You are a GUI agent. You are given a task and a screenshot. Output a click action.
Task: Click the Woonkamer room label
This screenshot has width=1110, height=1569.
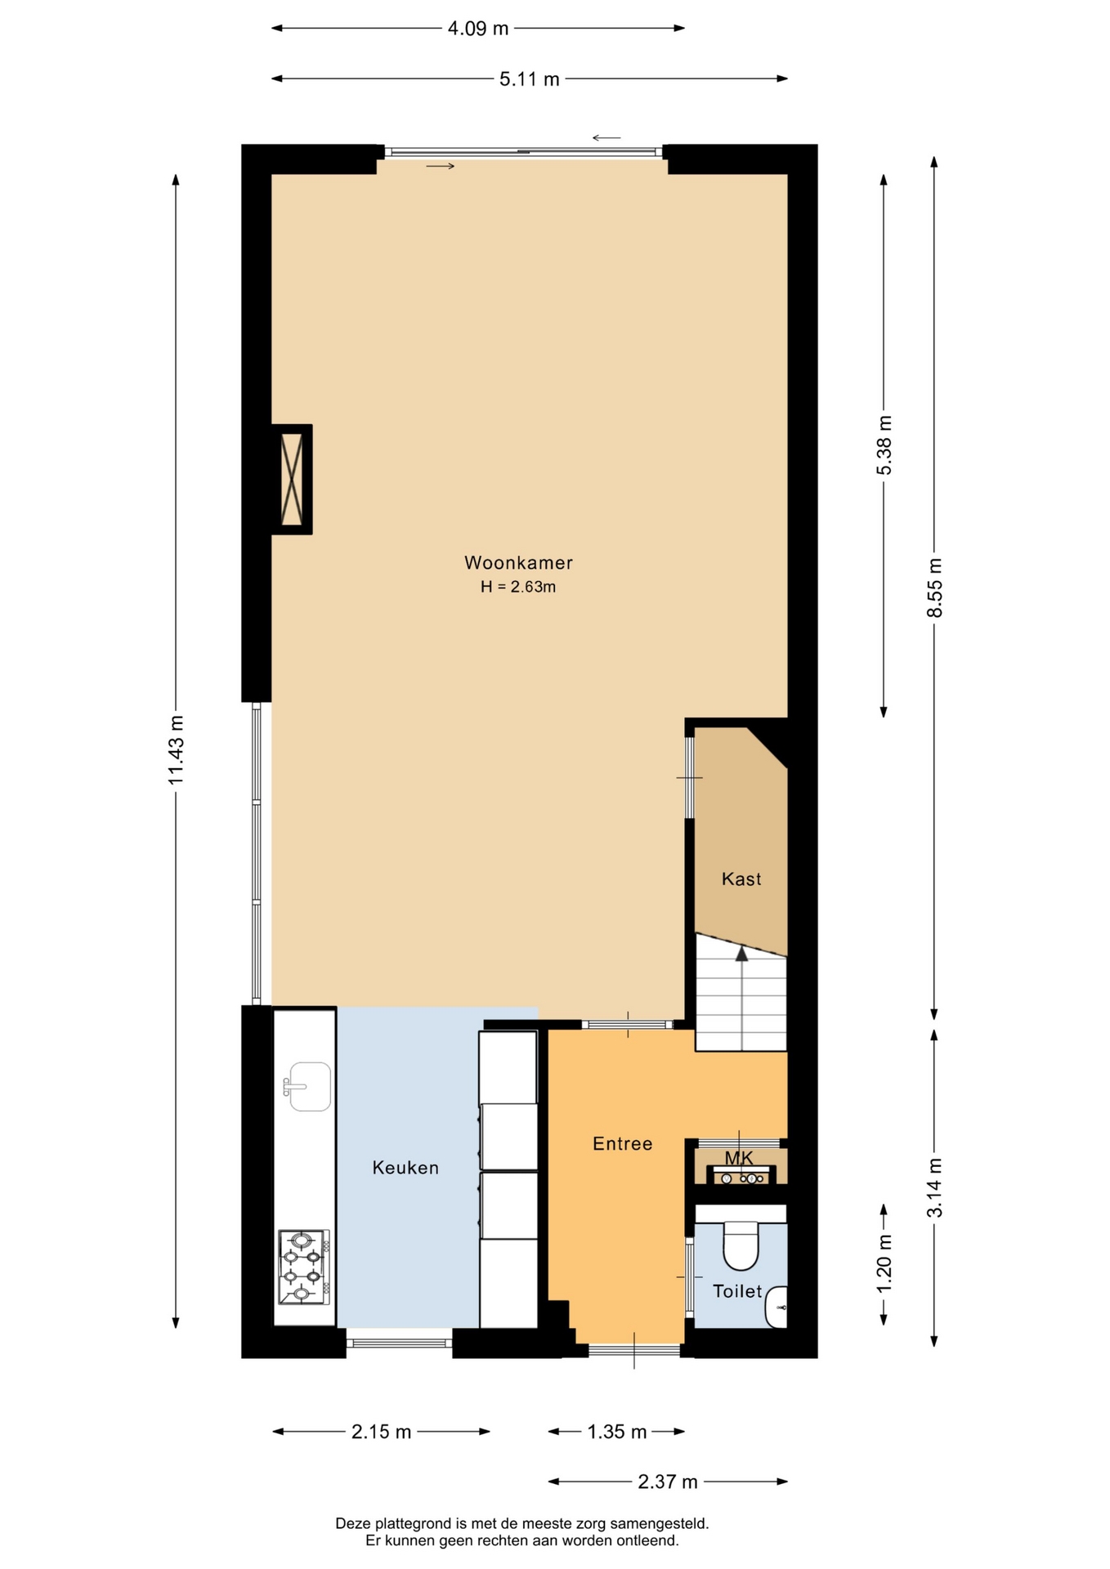tap(518, 562)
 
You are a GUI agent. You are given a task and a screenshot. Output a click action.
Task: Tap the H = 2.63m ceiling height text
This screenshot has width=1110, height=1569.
tap(518, 587)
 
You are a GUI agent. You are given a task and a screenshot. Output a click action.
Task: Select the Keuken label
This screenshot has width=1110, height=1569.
tap(405, 1168)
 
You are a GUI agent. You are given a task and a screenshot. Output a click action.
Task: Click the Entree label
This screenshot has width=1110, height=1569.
tap(623, 1143)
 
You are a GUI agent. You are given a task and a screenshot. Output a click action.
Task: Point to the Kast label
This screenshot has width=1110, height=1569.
tap(741, 878)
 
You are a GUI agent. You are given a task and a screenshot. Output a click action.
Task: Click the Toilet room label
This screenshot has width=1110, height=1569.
tap(737, 1291)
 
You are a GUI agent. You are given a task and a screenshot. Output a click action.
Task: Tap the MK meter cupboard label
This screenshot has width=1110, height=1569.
tap(739, 1158)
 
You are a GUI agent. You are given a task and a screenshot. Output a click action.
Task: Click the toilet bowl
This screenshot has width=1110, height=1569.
tap(741, 1245)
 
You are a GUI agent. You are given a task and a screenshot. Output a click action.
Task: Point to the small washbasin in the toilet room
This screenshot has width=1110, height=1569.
tap(777, 1307)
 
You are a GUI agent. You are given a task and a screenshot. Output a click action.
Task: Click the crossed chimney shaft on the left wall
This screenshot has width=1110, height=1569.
tap(292, 479)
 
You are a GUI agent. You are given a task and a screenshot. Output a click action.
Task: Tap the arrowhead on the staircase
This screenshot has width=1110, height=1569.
tap(741, 953)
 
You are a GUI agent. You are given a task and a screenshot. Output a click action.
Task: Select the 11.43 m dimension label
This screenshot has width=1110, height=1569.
tap(176, 750)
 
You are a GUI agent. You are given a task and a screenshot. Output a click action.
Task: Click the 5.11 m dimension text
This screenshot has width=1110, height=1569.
tap(530, 79)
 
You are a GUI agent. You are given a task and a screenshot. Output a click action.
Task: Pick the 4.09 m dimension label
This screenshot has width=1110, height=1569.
tap(478, 29)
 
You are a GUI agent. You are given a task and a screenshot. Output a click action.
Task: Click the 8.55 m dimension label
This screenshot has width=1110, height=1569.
tap(935, 588)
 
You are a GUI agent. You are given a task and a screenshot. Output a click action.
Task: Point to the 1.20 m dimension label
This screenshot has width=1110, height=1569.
tap(884, 1263)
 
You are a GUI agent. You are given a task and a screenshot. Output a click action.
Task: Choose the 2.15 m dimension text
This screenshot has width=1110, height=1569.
tap(382, 1432)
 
